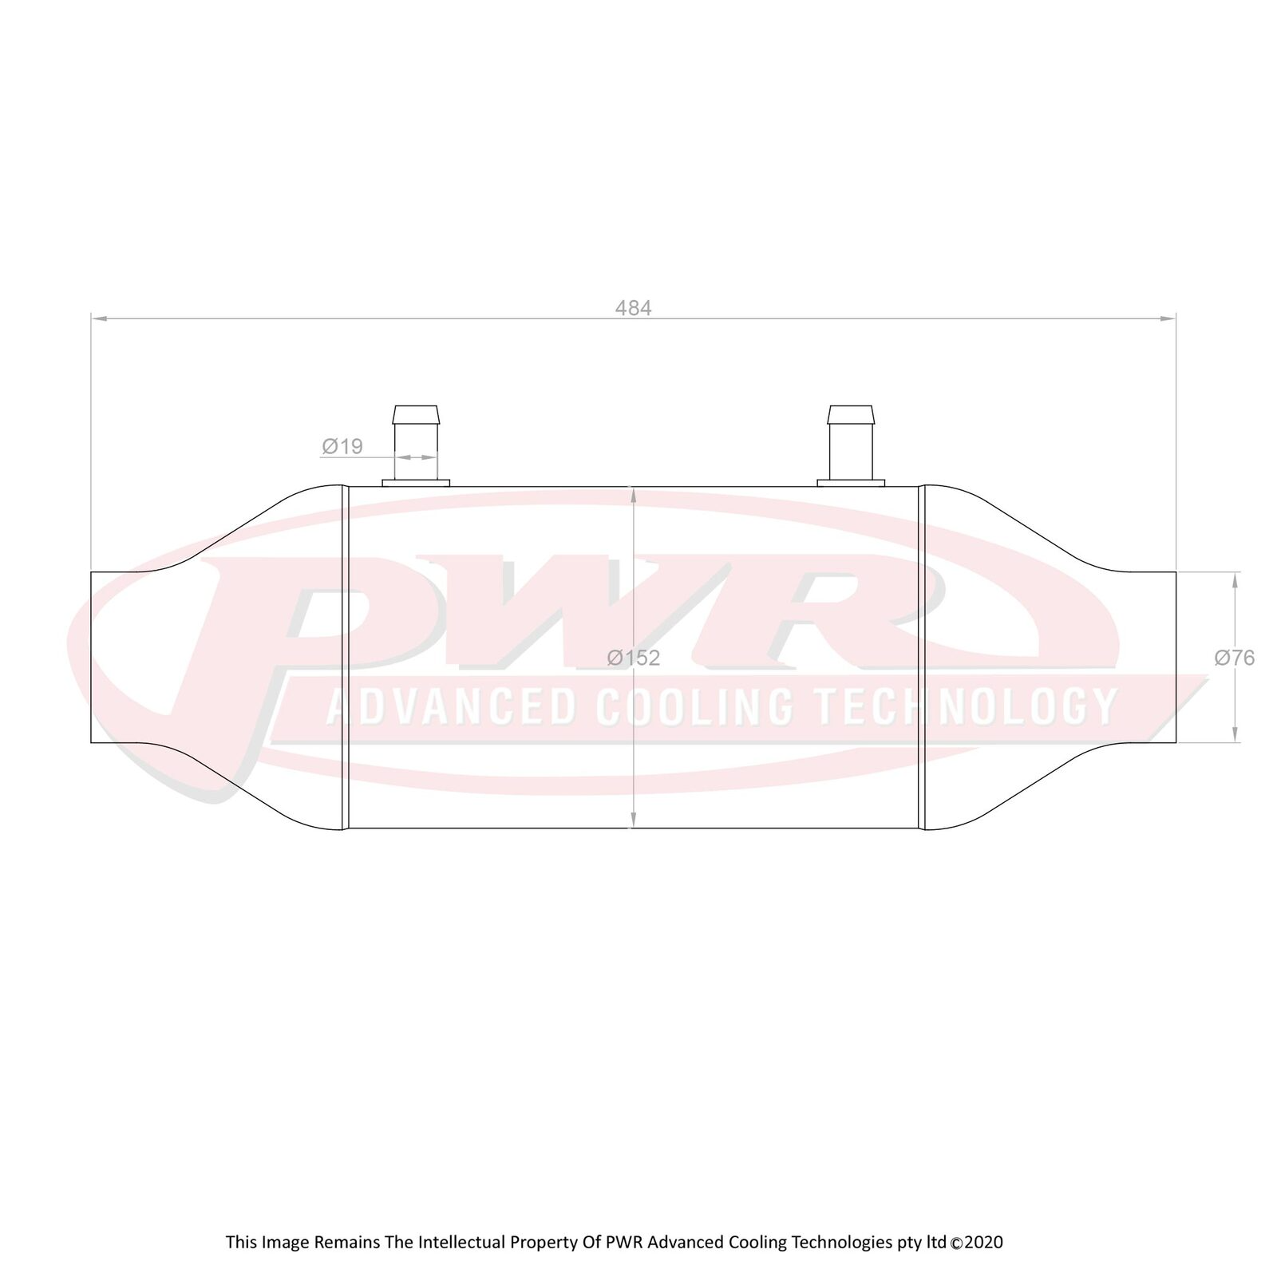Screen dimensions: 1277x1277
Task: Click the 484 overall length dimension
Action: pyautogui.click(x=633, y=308)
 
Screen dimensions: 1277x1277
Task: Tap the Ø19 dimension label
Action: pyautogui.click(x=342, y=446)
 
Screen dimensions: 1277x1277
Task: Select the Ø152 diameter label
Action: pyautogui.click(x=633, y=658)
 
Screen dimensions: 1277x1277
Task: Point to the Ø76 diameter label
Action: pyautogui.click(x=1234, y=658)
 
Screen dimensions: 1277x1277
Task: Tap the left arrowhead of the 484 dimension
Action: pyautogui.click(x=99, y=318)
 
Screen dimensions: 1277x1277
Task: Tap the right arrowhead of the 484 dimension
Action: pyautogui.click(x=1168, y=318)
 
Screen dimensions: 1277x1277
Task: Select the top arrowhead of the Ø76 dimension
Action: pyautogui.click(x=1235, y=581)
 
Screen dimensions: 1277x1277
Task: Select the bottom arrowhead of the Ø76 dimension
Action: pyautogui.click(x=1235, y=734)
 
